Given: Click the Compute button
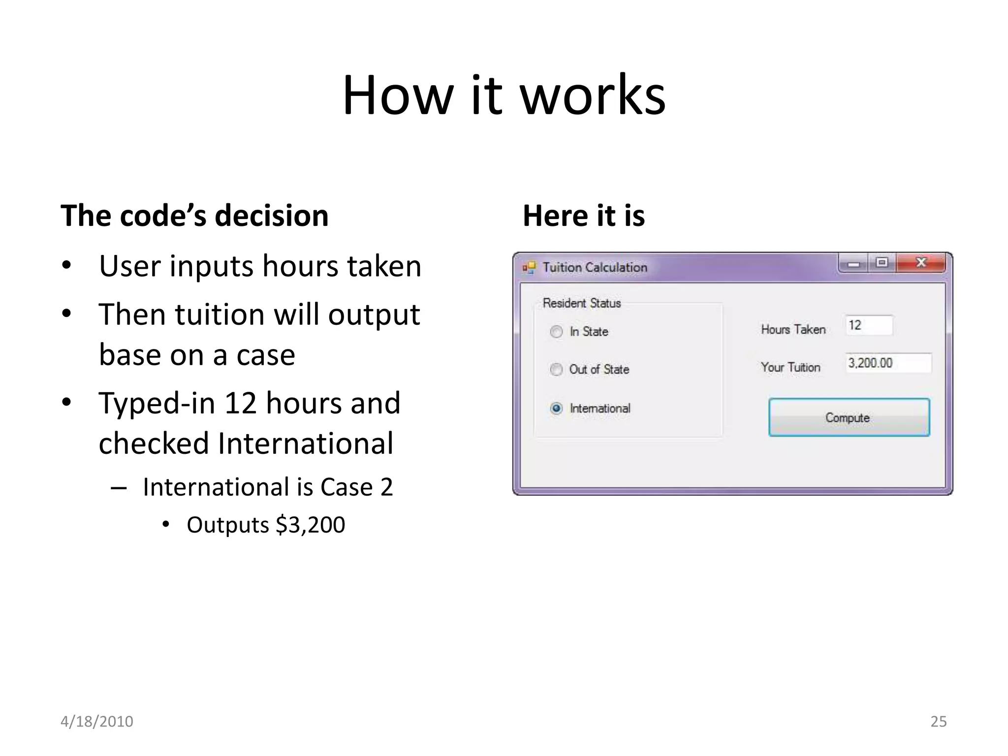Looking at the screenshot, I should point(849,417).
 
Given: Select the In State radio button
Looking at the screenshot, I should point(556,332).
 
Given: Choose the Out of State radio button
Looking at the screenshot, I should point(556,369).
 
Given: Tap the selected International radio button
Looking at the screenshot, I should point(556,409).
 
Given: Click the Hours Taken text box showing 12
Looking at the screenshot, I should point(869,325).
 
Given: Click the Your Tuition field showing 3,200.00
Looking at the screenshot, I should point(888,363).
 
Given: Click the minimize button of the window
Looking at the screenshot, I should point(853,264).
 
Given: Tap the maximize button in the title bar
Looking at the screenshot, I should point(882,263).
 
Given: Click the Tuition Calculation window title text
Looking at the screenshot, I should point(595,267).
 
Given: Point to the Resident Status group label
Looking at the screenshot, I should point(581,303).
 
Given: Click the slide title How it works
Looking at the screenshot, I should point(504,94).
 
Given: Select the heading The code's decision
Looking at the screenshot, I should point(194,216).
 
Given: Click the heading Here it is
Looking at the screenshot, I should point(583,216).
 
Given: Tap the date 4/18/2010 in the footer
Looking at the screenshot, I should point(96,721).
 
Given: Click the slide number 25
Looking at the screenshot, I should point(938,721).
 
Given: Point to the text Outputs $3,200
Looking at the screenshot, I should point(266,525).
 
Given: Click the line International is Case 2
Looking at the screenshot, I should point(268,487).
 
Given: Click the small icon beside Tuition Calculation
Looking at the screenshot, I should point(529,267).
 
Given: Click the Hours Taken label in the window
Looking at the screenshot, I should point(793,329).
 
